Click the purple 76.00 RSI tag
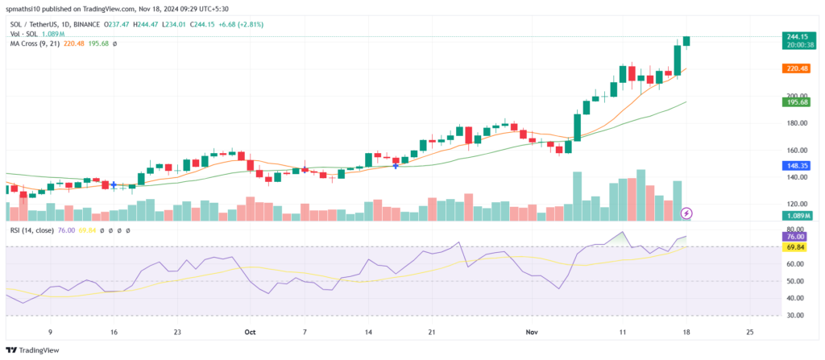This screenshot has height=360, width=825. click(796, 237)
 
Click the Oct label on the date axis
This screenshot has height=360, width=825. click(250, 331)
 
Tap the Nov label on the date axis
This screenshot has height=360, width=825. click(533, 331)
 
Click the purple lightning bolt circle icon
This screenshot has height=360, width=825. click(686, 213)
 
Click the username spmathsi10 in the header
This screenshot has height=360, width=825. click(26, 8)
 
